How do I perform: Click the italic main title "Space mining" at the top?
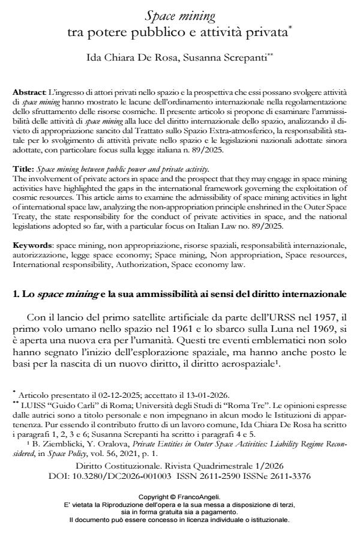coord(180,16)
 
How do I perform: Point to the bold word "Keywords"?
coord(32,229)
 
